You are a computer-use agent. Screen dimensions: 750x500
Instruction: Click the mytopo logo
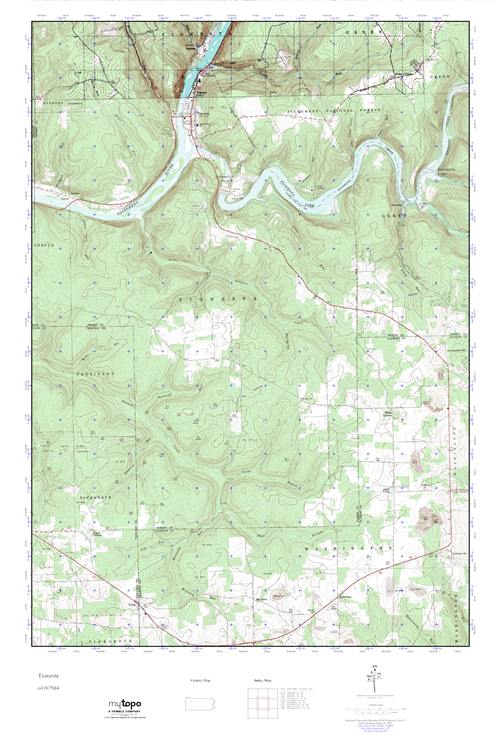(126, 705)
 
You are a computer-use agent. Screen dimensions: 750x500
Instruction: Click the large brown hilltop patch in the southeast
(428, 517)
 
